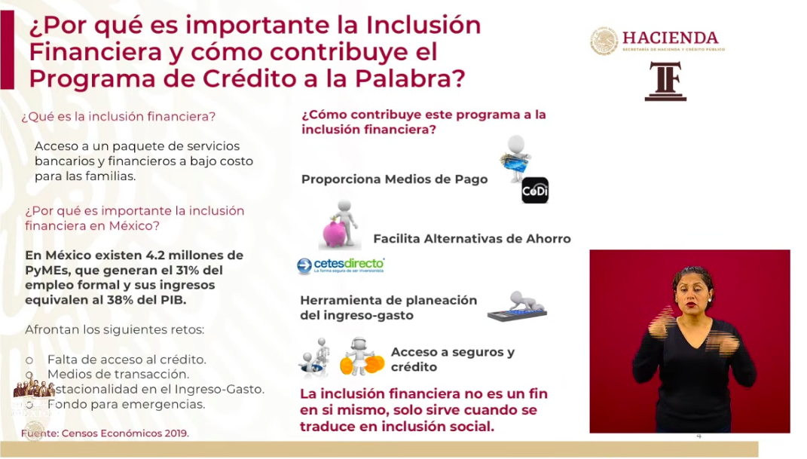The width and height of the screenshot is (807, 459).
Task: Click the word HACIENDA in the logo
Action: point(670,37)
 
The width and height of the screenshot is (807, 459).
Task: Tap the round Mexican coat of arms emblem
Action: point(604,41)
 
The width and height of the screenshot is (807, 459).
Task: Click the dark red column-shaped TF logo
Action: point(665,81)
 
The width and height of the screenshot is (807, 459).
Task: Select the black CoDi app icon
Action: point(535,190)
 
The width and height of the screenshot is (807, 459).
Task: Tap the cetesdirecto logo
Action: point(341,265)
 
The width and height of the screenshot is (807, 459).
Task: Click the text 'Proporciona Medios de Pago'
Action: point(394,179)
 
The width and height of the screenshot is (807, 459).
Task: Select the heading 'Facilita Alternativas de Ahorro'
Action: point(472,239)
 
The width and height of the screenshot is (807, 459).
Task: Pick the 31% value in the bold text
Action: point(184,270)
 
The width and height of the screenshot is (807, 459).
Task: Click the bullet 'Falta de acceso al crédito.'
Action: point(126,360)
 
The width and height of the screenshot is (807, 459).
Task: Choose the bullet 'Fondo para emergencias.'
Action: point(126,404)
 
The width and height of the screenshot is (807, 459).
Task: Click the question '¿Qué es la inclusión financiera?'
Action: point(119,117)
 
